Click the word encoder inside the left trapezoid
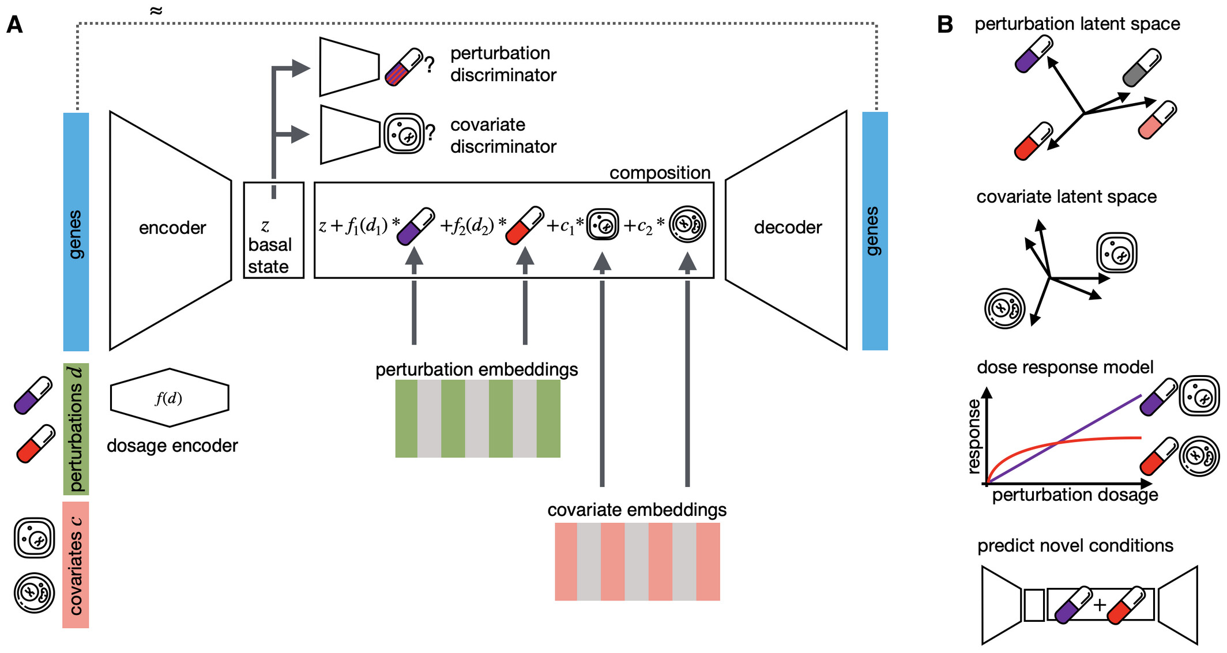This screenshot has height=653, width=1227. click(172, 228)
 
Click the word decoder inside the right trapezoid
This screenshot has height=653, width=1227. click(788, 227)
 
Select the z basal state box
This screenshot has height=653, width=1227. click(273, 231)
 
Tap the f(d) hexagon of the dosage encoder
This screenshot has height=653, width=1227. click(170, 398)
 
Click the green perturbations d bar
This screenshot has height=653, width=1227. click(76, 429)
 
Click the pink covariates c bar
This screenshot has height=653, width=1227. click(76, 564)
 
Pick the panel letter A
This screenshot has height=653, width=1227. click(14, 25)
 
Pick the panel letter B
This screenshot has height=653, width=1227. click(944, 25)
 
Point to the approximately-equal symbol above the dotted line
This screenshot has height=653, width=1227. click(156, 11)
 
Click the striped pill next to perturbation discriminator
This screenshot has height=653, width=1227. click(404, 67)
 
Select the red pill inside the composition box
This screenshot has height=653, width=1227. click(524, 225)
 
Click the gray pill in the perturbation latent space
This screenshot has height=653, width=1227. click(1142, 67)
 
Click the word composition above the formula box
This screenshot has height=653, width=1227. click(660, 172)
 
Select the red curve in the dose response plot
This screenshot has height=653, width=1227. click(1096, 439)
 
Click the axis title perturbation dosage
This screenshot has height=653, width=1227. click(1075, 495)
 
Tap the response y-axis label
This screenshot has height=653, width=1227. click(974, 436)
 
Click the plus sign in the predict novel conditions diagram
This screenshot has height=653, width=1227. click(1100, 605)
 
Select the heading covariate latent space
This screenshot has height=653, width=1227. click(1066, 197)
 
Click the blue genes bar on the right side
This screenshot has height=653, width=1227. click(875, 231)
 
